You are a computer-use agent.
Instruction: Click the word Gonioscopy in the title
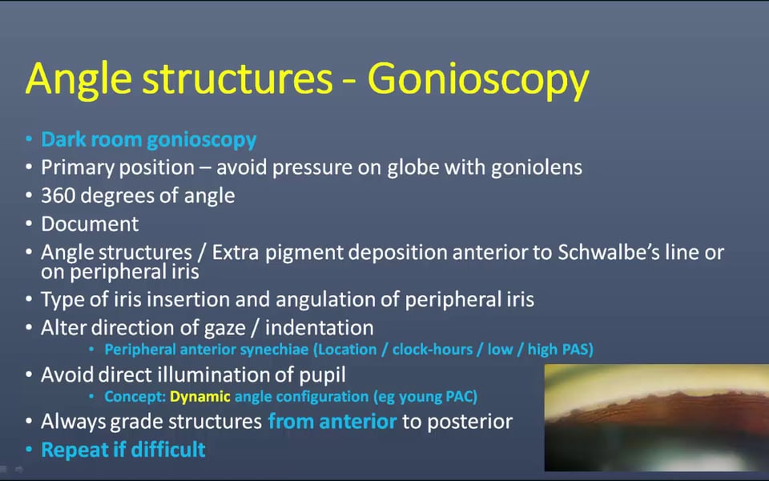tap(478, 79)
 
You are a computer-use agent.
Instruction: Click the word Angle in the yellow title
tap(79, 79)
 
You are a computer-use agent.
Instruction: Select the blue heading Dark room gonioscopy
tap(149, 139)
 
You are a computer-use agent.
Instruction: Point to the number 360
tap(58, 196)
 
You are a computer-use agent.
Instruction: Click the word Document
tap(90, 224)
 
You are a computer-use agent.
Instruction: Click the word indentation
tap(320, 327)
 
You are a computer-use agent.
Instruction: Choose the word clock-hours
tap(432, 350)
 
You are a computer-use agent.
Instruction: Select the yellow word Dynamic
tap(200, 397)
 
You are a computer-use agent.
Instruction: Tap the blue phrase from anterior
tap(332, 422)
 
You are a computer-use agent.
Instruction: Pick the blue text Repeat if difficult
tap(123, 450)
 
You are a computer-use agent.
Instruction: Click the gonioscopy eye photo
tap(656, 418)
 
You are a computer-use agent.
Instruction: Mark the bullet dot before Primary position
tap(29, 168)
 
